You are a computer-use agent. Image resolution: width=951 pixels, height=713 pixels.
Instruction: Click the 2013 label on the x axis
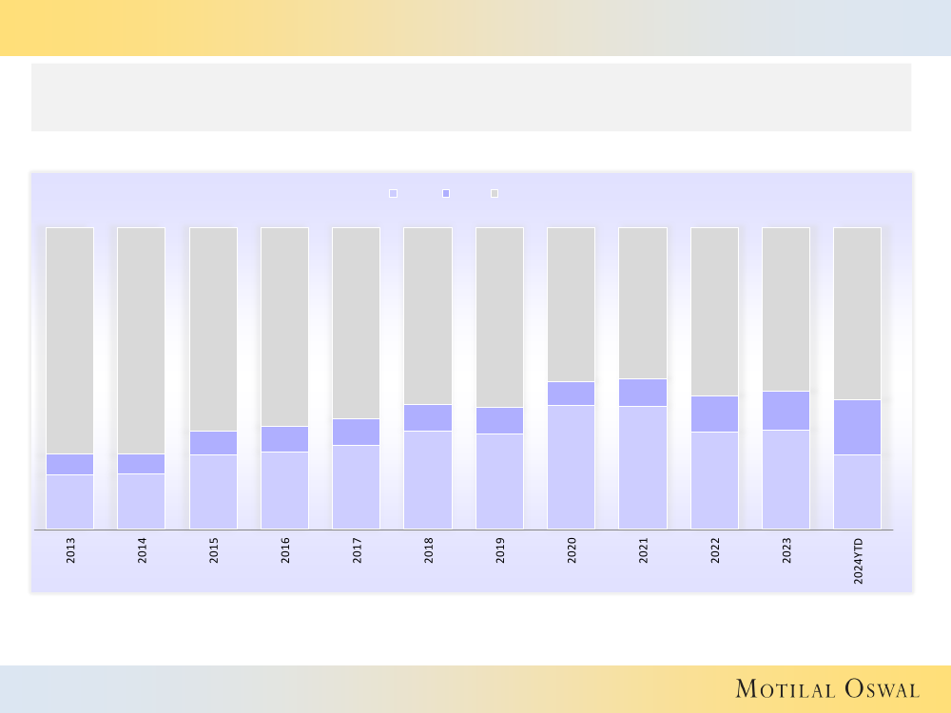[x=70, y=550]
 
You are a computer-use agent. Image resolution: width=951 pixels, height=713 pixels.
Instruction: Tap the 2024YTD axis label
[x=858, y=561]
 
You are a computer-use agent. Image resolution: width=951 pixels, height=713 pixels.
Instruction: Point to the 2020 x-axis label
[x=572, y=550]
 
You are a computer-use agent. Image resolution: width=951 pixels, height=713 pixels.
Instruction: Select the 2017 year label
[x=357, y=550]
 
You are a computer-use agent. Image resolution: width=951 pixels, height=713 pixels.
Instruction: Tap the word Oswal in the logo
[x=882, y=689]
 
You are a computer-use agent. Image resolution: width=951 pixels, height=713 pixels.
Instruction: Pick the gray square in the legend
[x=495, y=193]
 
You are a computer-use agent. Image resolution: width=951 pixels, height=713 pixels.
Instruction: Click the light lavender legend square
[x=393, y=193]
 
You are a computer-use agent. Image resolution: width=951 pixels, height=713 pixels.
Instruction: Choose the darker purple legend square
[x=446, y=193]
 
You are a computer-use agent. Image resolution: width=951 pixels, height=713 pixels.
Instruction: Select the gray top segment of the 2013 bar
[x=70, y=340]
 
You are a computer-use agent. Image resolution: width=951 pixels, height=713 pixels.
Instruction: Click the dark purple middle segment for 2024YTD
[x=858, y=427]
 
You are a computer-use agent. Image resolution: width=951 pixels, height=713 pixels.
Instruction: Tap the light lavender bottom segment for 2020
[x=572, y=467]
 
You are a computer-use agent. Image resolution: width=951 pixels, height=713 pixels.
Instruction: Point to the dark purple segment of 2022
[x=714, y=414]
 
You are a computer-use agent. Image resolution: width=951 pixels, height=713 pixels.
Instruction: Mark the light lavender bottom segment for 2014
[x=142, y=501]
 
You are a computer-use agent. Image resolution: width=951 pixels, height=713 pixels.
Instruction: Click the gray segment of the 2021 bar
[x=643, y=302]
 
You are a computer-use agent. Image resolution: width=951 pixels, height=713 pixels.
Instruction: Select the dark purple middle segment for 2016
[x=285, y=439]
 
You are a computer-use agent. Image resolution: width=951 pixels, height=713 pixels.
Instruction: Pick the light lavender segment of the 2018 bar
[x=428, y=480]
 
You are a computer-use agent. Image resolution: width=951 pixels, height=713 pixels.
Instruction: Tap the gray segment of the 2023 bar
[x=786, y=309]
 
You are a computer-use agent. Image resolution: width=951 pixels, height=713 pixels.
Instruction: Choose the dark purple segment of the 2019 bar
[x=500, y=420]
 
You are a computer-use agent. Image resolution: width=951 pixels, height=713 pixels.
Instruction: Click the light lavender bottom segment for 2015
[x=213, y=491]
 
